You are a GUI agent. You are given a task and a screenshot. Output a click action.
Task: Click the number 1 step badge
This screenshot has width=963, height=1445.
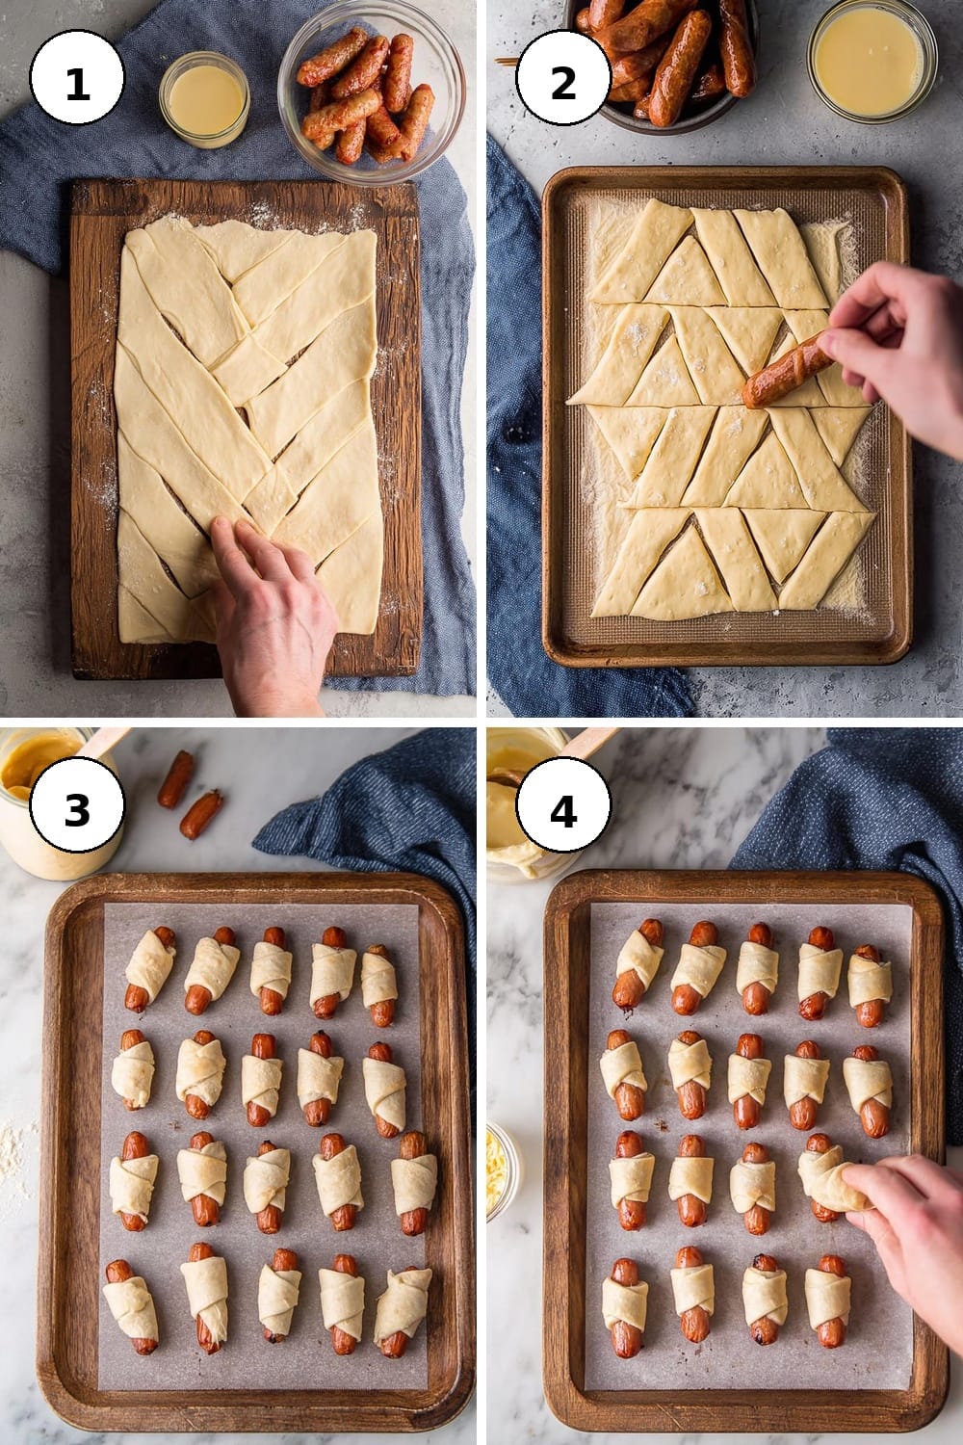(x=77, y=77)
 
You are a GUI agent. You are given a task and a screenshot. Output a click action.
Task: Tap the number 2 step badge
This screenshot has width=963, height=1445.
(x=563, y=77)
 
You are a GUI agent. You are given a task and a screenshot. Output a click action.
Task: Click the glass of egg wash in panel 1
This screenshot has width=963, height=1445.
(x=204, y=100)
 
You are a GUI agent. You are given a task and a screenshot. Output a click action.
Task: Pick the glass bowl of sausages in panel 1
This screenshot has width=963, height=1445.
(x=371, y=92)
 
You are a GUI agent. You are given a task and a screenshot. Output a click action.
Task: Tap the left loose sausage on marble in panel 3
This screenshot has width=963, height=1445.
(x=176, y=779)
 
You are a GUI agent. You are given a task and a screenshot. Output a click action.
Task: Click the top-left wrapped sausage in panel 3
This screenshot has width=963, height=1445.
(x=149, y=969)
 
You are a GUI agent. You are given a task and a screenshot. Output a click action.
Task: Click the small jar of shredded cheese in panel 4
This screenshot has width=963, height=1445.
(x=502, y=1170)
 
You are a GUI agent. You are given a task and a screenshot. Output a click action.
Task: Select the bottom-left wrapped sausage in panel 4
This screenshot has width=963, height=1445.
(x=625, y=1307)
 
